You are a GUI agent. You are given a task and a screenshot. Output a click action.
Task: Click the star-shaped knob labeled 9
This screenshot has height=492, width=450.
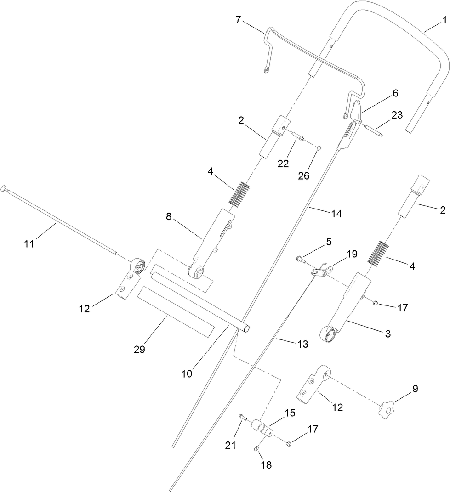click(387, 407)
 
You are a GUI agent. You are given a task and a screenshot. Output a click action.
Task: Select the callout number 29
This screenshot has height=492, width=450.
click(139, 349)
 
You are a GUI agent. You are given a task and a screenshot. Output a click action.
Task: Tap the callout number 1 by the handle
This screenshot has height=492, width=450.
click(444, 20)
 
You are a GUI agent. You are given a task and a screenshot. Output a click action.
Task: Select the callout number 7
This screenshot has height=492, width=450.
click(237, 20)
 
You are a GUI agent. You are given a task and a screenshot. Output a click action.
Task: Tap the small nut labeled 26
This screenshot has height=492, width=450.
click(318, 147)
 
